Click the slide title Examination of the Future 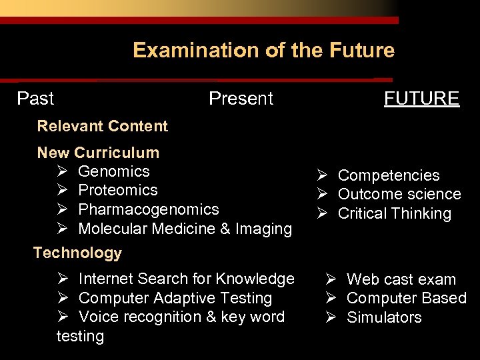pos(263,51)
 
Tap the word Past pos(35,99)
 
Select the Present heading pos(241,99)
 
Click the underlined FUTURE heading pos(421,99)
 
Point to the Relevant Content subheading pos(102,126)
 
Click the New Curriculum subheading pos(98,153)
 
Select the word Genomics pos(114,171)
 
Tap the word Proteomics pos(118,190)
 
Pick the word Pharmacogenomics pos(148,209)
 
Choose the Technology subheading pos(77,253)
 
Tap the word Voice pos(98,317)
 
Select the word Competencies pos(389,175)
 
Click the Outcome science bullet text pos(399,194)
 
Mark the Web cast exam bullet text pos(401,279)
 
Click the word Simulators pos(384,317)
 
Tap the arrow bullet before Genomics pos(63,171)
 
